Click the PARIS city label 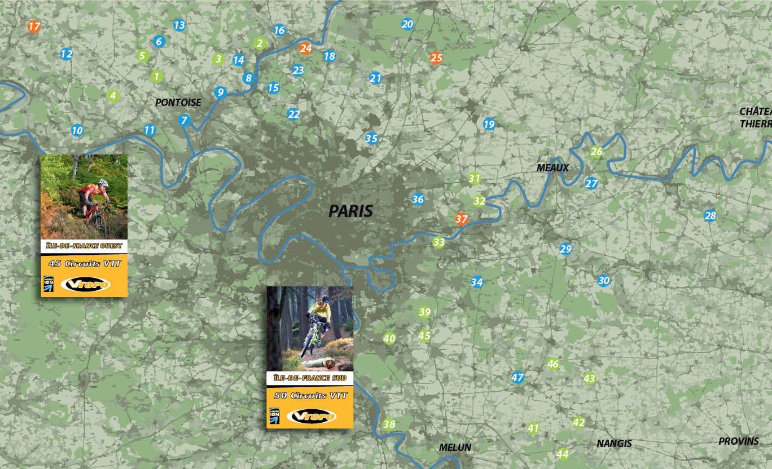(350, 211)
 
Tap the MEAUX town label (552, 168)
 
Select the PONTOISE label (178, 103)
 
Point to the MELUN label (455, 448)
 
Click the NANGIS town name (614, 444)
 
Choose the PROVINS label (738, 441)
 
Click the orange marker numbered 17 (34, 26)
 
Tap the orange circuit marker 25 (436, 57)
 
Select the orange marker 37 (462, 219)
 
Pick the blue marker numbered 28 (710, 215)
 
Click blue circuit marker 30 (604, 280)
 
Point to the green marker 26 (596, 152)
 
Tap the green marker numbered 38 (389, 424)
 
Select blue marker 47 (517, 377)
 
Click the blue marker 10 (77, 130)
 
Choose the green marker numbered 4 (113, 96)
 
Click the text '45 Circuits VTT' (84, 263)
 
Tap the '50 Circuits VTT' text (310, 396)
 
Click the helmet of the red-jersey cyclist (102, 183)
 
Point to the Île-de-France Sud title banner (310, 378)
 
